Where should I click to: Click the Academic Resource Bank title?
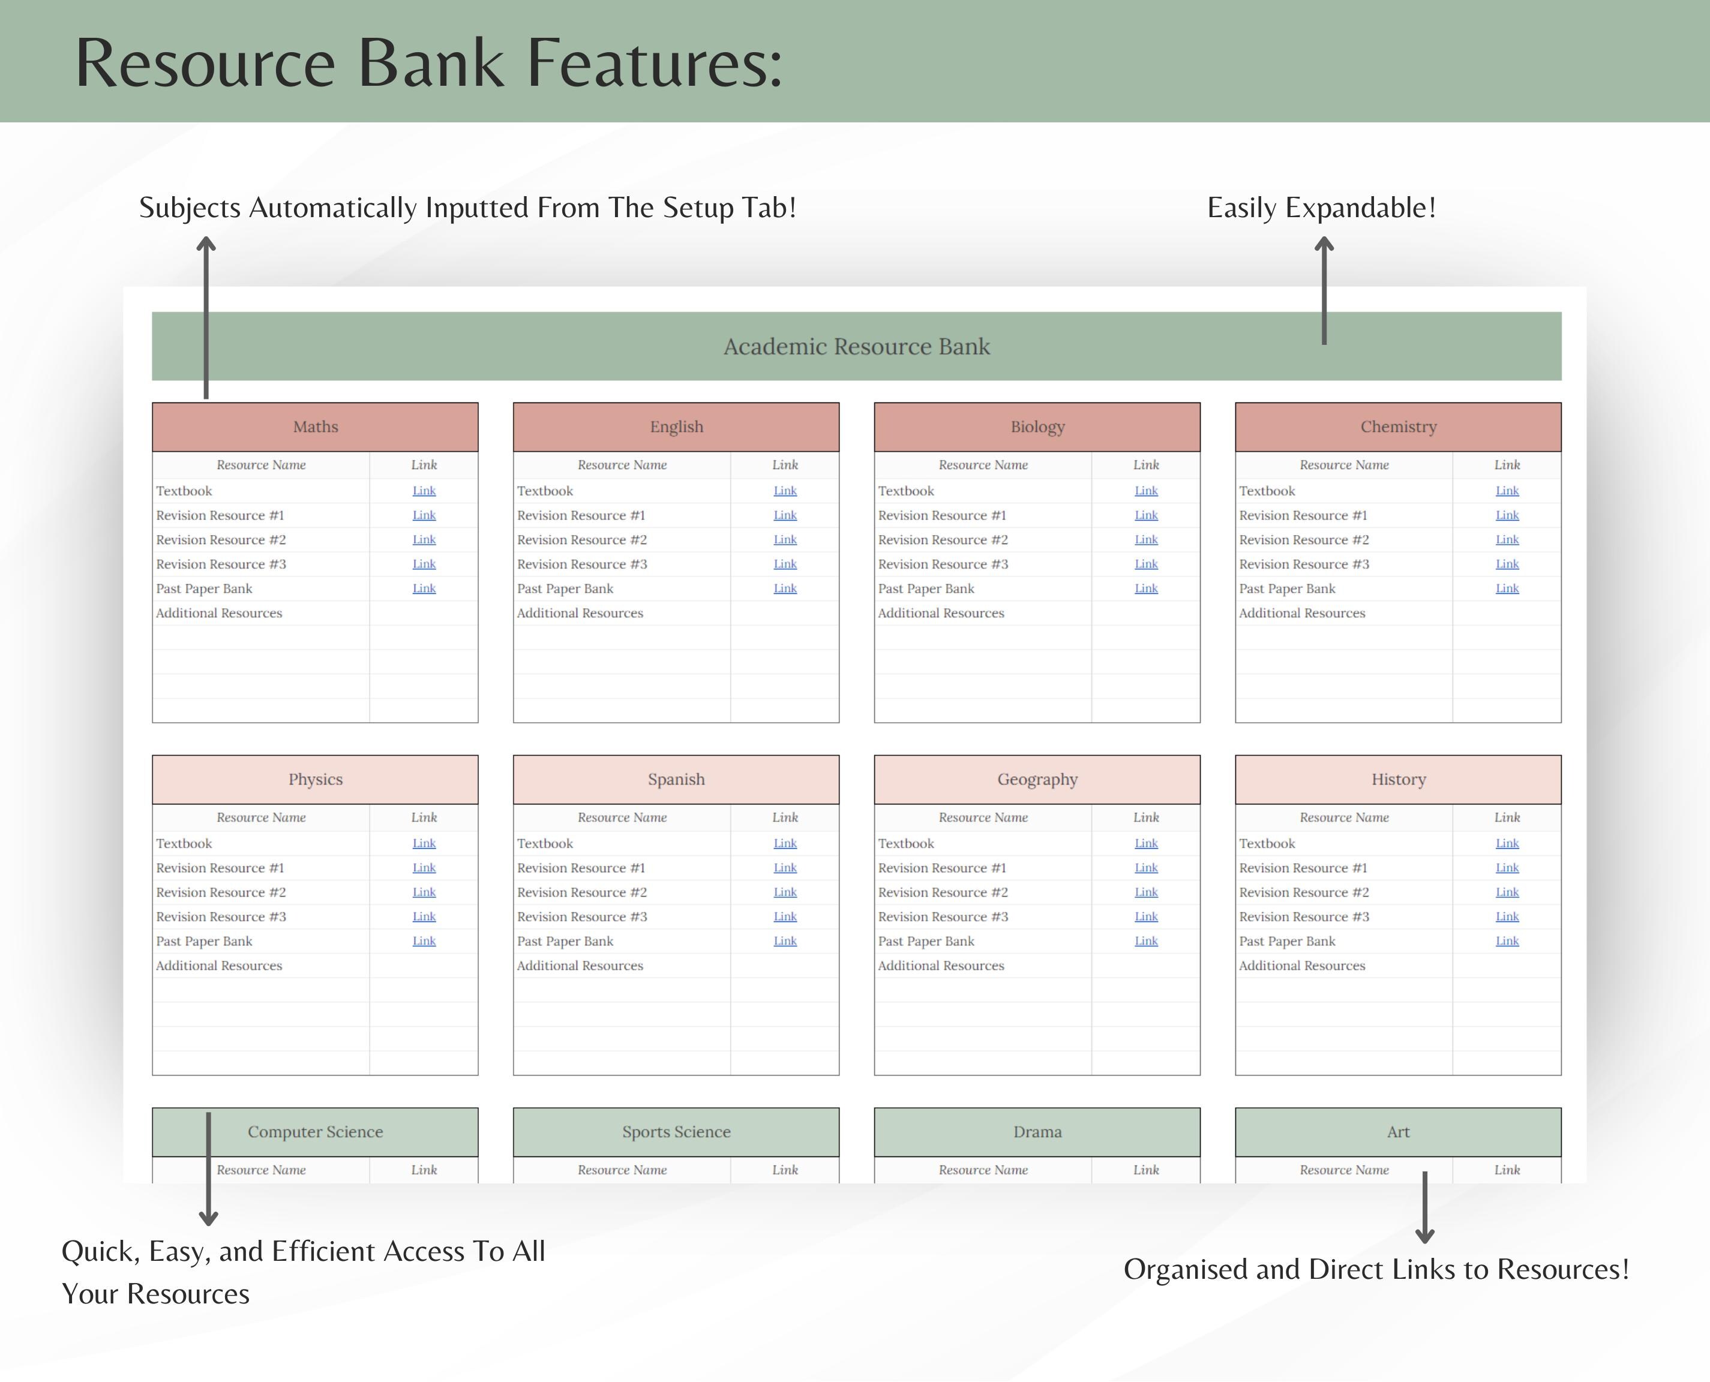click(x=857, y=346)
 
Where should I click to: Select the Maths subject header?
click(x=315, y=426)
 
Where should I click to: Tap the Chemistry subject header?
click(x=1398, y=426)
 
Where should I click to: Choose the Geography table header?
click(x=1037, y=779)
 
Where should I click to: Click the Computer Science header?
click(x=315, y=1131)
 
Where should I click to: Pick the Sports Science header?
click(x=676, y=1131)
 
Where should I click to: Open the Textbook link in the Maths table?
click(x=424, y=491)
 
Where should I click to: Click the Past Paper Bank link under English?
click(x=785, y=588)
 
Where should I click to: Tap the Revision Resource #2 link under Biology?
click(x=1145, y=540)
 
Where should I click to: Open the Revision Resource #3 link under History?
click(x=1507, y=917)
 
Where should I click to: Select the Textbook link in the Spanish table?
click(x=785, y=843)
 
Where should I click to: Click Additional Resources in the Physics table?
click(x=219, y=966)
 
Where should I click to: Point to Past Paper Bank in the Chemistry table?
click(x=1286, y=589)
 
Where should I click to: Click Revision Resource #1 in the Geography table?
click(x=942, y=868)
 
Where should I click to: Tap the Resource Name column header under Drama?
click(x=983, y=1170)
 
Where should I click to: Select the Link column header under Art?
click(x=1507, y=1170)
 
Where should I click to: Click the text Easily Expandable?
click(x=1322, y=208)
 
